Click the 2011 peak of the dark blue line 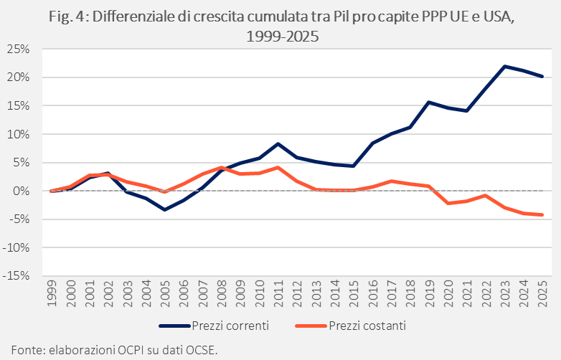pyautogui.click(x=278, y=144)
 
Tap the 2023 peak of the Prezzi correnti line pyautogui.click(x=505, y=67)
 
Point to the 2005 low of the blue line pyautogui.click(x=164, y=209)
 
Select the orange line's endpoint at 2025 pyautogui.click(x=543, y=215)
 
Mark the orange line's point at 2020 pyautogui.click(x=448, y=203)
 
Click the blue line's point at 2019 pyautogui.click(x=429, y=103)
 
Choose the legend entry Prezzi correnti pyautogui.click(x=214, y=326)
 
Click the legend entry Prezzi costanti pyautogui.click(x=351, y=326)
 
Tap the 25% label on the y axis pyautogui.click(x=18, y=49)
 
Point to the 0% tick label pyautogui.click(x=21, y=191)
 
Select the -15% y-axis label pyautogui.click(x=16, y=275)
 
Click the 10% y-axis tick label pyautogui.click(x=18, y=134)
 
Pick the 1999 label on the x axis pyautogui.click(x=52, y=293)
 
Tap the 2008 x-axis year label pyautogui.click(x=222, y=293)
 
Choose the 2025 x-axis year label pyautogui.click(x=543, y=293)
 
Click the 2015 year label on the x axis pyautogui.click(x=354, y=293)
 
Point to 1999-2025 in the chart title pyautogui.click(x=282, y=36)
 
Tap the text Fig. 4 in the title pyautogui.click(x=70, y=17)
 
